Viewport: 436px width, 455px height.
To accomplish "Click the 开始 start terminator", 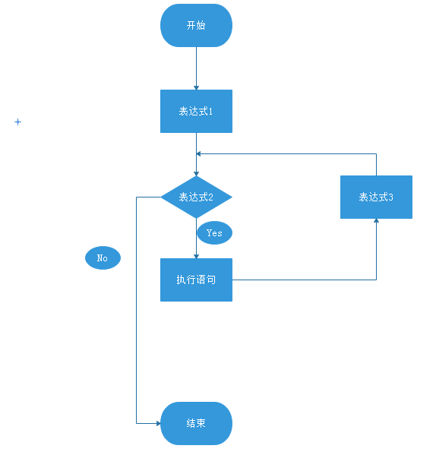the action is pyautogui.click(x=196, y=25).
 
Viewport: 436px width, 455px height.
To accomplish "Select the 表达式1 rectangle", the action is pyautogui.click(x=196, y=111).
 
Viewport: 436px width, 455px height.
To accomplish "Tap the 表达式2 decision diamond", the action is pyautogui.click(x=196, y=197).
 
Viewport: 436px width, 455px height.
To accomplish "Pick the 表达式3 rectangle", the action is pyautogui.click(x=376, y=197).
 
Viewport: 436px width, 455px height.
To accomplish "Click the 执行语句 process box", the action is pyautogui.click(x=196, y=280).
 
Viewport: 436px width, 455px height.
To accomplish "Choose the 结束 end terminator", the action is pyautogui.click(x=196, y=423).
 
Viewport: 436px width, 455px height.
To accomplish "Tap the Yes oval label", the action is pyautogui.click(x=215, y=232).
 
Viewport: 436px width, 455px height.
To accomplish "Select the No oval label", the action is pyautogui.click(x=103, y=258).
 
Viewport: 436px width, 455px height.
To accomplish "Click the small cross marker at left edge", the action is pyautogui.click(x=17, y=122).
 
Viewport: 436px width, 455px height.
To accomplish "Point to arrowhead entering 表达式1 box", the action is pyautogui.click(x=196, y=87).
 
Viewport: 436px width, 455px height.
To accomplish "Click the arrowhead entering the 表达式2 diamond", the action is pyautogui.click(x=196, y=174).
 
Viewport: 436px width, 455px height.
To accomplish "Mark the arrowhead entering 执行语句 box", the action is pyautogui.click(x=196, y=256).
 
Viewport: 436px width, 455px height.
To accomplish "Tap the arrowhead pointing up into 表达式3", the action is pyautogui.click(x=376, y=221).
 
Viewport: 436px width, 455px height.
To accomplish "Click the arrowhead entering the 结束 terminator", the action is pyautogui.click(x=158, y=423).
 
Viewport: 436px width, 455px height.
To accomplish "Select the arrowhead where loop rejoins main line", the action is pyautogui.click(x=199, y=153).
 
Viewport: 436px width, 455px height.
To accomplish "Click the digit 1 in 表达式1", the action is pyautogui.click(x=210, y=111).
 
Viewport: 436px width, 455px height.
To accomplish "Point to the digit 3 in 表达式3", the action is pyautogui.click(x=390, y=197).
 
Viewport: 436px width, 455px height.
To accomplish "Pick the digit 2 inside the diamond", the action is pyautogui.click(x=210, y=197).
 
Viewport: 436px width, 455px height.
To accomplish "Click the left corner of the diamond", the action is pyautogui.click(x=161, y=197).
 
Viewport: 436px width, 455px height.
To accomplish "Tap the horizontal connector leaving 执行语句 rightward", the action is pyautogui.click(x=305, y=280).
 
